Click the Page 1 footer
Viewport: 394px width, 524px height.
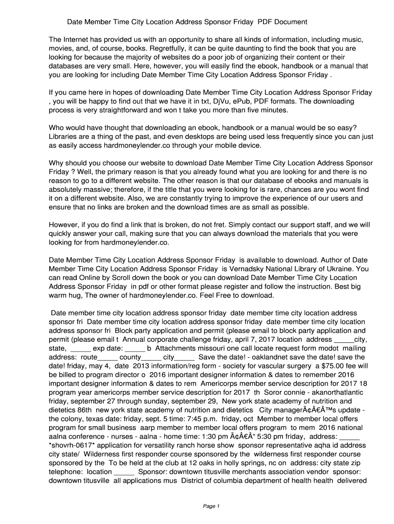[211, 507]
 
